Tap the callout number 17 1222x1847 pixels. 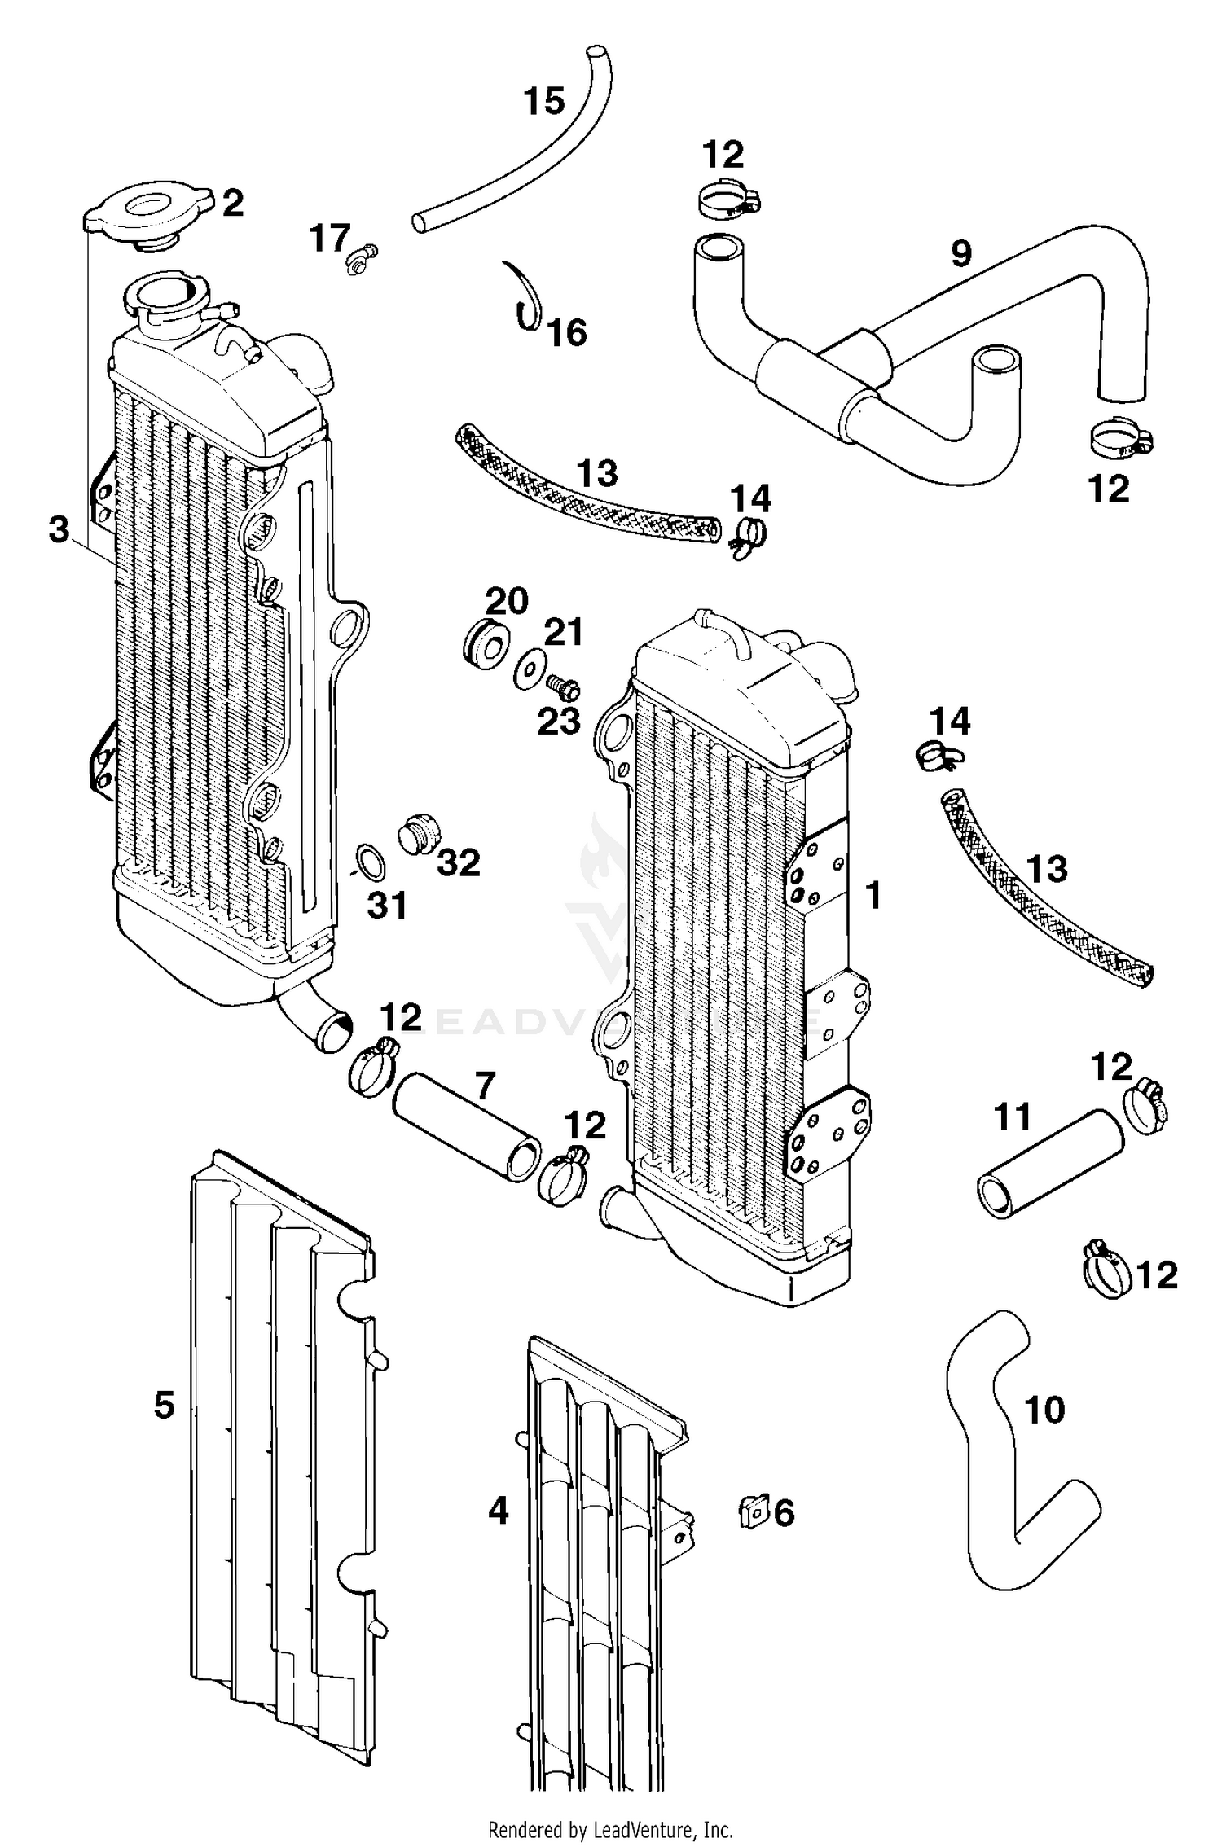330,239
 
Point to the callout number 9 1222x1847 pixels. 961,254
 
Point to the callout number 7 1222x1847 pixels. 485,1086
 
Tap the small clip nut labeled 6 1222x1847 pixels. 754,1512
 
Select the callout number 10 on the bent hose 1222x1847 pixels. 1044,1409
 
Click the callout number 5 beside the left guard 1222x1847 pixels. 164,1405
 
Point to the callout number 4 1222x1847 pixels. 498,1511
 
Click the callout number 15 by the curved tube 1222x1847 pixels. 543,102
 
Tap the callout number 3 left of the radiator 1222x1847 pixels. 59,530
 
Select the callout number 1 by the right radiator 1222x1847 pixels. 873,895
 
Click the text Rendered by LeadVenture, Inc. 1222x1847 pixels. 611,1830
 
